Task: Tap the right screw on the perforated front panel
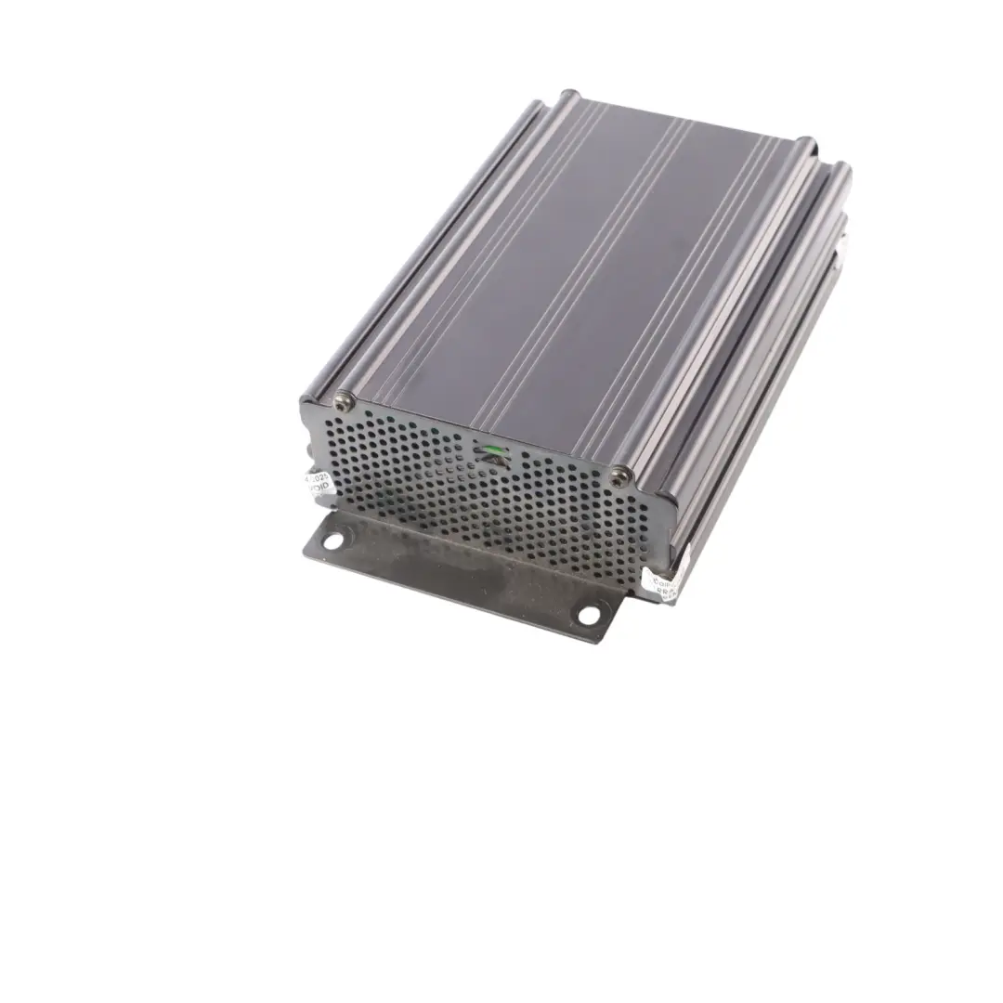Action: pos(619,477)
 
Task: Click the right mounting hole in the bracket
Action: pos(588,614)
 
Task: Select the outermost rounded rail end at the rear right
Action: pos(840,170)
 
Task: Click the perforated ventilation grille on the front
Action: pos(418,474)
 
